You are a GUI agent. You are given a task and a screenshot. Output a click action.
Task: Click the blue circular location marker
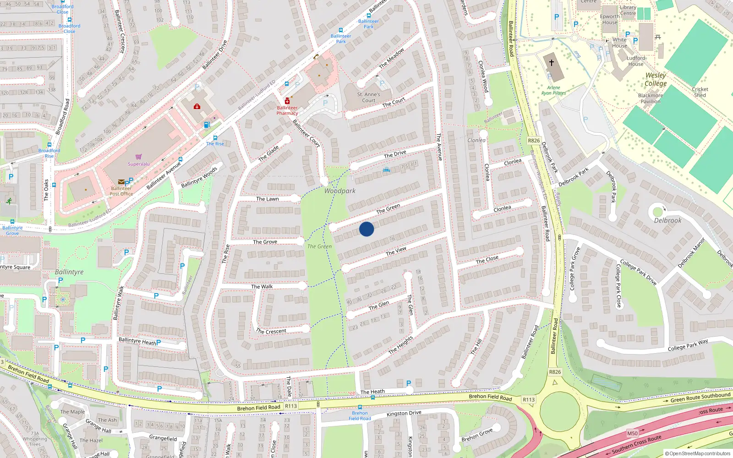366,229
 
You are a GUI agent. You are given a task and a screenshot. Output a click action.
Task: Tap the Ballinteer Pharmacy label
287,110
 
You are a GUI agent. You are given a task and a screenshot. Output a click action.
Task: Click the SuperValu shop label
138,164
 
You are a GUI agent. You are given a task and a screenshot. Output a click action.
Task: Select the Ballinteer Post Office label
121,191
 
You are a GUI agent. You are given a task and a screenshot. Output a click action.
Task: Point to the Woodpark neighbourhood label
339,191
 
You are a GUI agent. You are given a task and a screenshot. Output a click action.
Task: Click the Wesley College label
656,79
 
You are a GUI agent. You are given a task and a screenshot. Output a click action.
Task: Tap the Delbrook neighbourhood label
667,220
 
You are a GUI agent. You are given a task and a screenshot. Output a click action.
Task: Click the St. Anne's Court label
368,97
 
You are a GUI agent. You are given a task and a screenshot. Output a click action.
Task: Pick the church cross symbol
552,62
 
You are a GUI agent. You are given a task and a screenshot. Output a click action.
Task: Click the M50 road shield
632,433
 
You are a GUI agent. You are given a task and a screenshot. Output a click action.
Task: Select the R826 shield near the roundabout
555,372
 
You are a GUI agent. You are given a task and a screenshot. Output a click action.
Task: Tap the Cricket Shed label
700,92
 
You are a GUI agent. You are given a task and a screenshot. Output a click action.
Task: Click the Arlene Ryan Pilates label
553,90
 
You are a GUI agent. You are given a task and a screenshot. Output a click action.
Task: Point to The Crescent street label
271,331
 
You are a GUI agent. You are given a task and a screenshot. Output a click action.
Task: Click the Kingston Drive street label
404,413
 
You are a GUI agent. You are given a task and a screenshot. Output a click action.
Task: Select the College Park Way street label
687,345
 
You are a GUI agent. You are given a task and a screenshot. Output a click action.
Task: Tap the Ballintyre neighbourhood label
69,272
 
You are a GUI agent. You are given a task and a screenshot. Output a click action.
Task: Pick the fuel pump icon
207,125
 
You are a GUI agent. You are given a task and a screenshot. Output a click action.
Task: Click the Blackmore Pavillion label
651,98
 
